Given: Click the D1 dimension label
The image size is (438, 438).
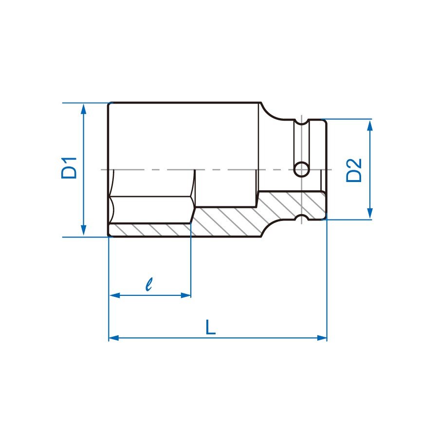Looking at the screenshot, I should coord(69,167).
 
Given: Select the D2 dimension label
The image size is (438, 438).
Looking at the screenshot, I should coord(354,170).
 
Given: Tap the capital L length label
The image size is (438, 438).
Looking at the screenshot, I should coord(210,327).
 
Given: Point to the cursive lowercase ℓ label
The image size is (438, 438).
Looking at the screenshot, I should coord(149,284).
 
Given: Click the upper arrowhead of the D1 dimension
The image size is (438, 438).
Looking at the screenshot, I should coord(84,109).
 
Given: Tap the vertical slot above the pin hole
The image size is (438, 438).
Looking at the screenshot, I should coord(302,141).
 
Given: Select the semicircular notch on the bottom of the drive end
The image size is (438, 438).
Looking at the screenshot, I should coord(302,218).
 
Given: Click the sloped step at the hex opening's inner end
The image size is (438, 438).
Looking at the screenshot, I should coord(194,214).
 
